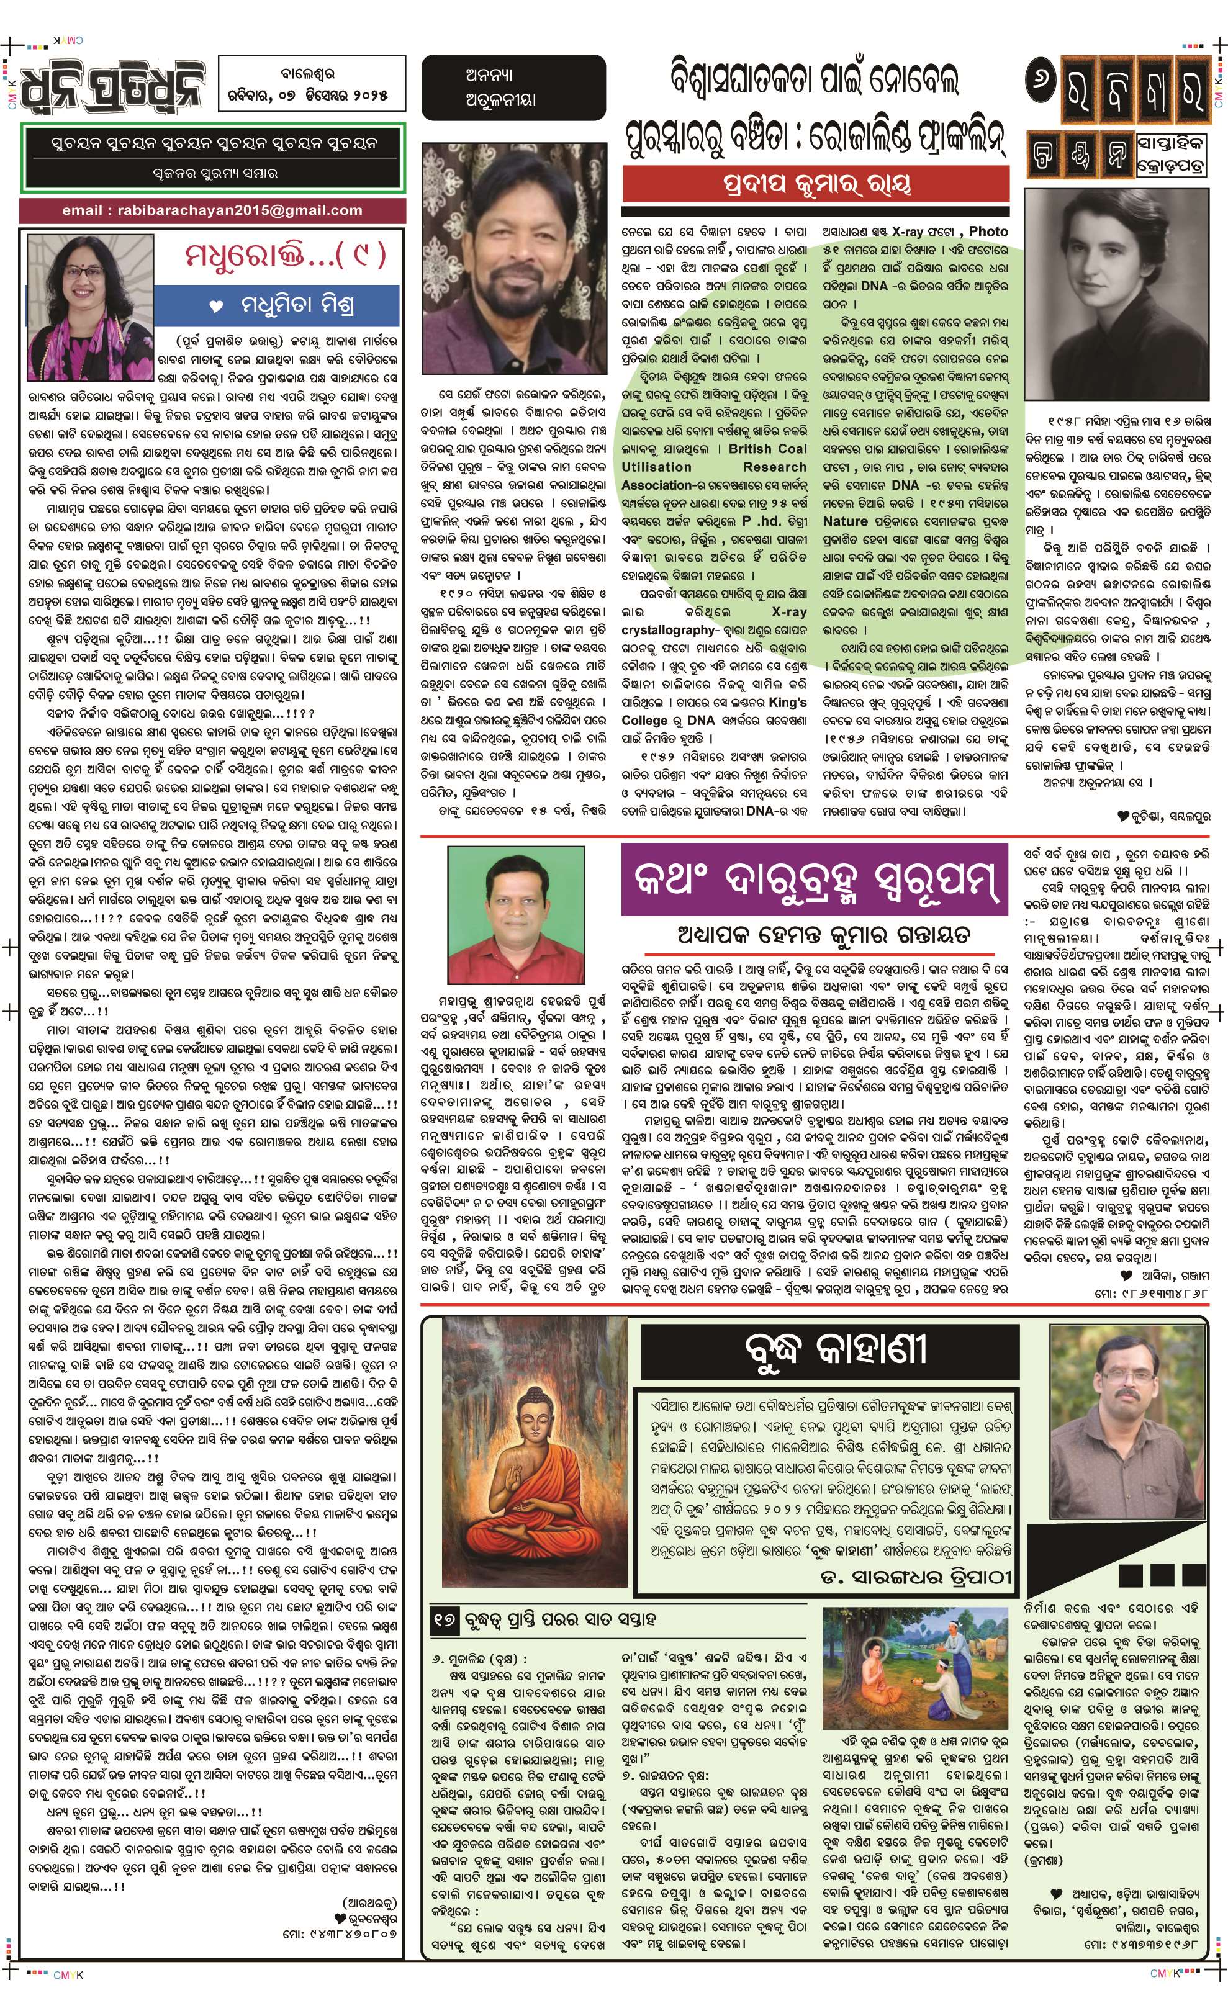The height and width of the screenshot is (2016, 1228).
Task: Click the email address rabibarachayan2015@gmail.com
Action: (x=212, y=210)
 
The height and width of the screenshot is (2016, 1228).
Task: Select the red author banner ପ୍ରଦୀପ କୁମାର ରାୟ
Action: (x=815, y=185)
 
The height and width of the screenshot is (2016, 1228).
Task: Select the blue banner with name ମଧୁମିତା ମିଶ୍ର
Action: (x=278, y=306)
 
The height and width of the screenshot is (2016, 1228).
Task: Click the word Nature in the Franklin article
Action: (x=845, y=521)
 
